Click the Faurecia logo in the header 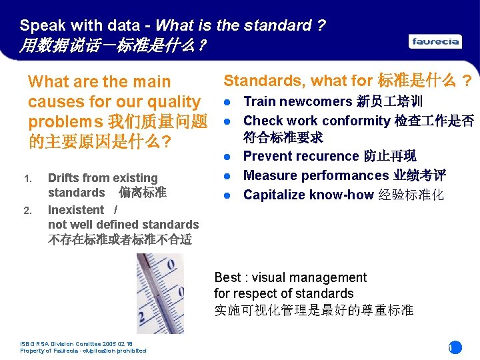click(435, 41)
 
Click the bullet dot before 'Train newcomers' click(227, 102)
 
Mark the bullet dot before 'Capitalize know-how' click(227, 195)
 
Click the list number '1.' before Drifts click(27, 179)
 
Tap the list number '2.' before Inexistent click(27, 211)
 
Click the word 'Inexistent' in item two click(75, 210)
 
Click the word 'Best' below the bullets click(227, 277)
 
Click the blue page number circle click(454, 347)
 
